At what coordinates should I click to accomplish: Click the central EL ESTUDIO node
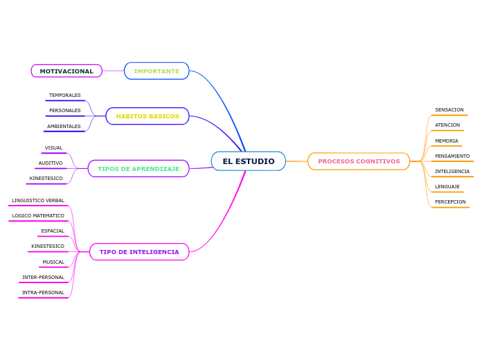tap(248, 161)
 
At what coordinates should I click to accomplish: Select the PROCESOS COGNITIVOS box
tap(359, 161)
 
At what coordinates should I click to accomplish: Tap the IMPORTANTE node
tap(157, 71)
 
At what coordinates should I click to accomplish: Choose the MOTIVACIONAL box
tap(66, 71)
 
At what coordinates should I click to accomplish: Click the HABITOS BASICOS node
tap(148, 116)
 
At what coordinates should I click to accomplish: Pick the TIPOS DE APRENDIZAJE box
tap(139, 169)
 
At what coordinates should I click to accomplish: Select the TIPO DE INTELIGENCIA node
tap(139, 252)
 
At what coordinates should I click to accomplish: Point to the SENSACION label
tap(449, 110)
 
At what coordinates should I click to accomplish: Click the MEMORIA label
tap(447, 141)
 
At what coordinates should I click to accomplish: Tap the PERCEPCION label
tap(450, 202)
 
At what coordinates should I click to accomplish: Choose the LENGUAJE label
tap(447, 187)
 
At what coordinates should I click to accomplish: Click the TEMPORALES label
tap(65, 96)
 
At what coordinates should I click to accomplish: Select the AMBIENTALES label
tap(64, 127)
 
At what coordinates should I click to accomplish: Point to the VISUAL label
tap(54, 148)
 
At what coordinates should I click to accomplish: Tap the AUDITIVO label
tap(51, 163)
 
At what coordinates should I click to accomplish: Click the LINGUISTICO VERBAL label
tap(38, 201)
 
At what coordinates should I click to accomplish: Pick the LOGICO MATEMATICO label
tap(38, 216)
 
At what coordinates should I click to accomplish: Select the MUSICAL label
tap(53, 262)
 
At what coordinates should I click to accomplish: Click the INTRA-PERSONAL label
tap(43, 293)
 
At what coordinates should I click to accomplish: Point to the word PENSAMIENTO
tap(452, 156)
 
